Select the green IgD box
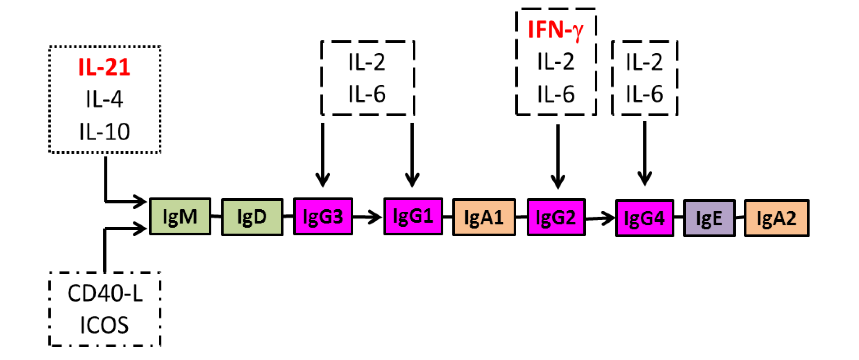click(252, 217)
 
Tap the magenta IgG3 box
click(323, 217)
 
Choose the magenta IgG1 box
click(413, 217)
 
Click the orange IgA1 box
click(484, 218)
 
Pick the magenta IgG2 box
click(556, 218)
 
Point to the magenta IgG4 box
click(644, 218)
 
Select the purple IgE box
click(709, 218)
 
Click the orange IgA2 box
click(777, 218)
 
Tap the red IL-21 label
click(104, 67)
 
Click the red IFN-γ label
click(556, 30)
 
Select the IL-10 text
click(104, 131)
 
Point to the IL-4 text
click(104, 99)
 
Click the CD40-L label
click(105, 293)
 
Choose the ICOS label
click(104, 325)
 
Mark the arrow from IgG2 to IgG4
click(600, 218)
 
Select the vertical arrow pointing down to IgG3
click(323, 153)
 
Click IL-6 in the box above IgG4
click(644, 94)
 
